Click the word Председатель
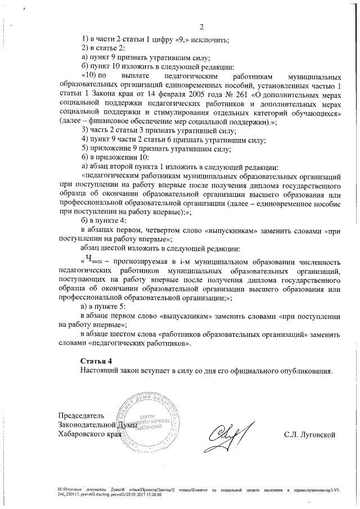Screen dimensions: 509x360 [x=78, y=415]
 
